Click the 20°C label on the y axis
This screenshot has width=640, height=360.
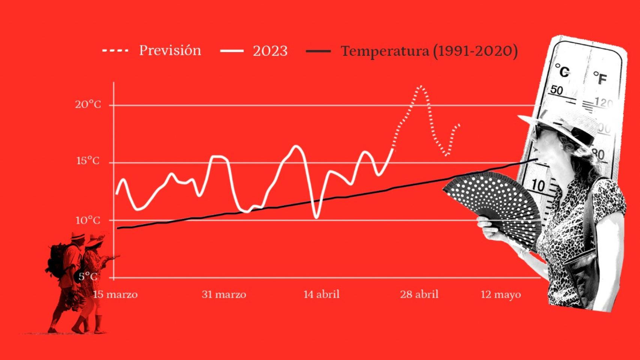pos(88,104)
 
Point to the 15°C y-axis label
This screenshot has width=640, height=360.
pos(88,161)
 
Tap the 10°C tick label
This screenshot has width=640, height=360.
pos(88,220)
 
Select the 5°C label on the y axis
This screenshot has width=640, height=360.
pos(88,277)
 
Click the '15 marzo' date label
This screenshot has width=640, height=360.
pos(115,294)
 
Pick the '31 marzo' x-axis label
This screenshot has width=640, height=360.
pos(224,294)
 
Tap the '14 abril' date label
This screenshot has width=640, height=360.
pos(322,294)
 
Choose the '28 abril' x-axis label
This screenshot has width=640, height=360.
pos(419,294)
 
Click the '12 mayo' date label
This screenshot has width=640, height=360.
pos(501,295)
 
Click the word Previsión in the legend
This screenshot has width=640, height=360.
pos(170,51)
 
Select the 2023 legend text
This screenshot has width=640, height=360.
pos(270,51)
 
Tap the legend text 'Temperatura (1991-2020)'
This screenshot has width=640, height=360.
pos(429,51)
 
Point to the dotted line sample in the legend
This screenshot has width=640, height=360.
pos(116,50)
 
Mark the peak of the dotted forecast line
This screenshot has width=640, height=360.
pos(421,87)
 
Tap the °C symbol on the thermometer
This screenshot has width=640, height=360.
pos(562,71)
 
